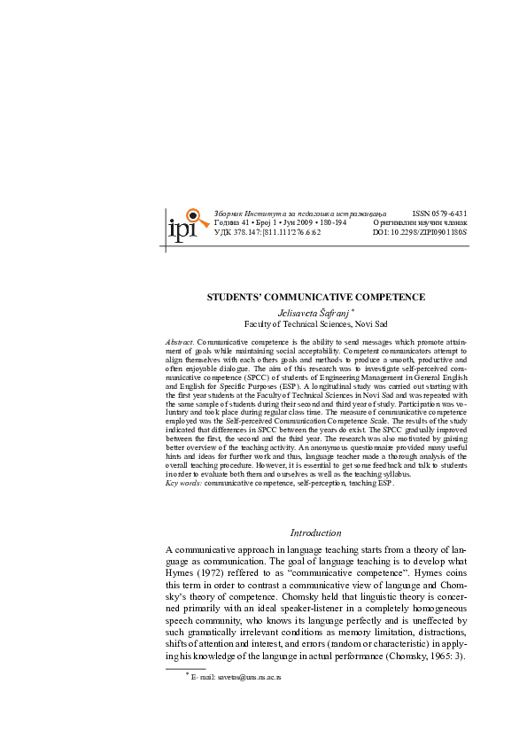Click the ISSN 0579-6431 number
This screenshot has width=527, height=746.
click(x=439, y=214)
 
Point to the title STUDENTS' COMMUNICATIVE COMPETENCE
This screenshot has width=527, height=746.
click(x=316, y=297)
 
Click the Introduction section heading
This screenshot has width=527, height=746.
click(x=316, y=533)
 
